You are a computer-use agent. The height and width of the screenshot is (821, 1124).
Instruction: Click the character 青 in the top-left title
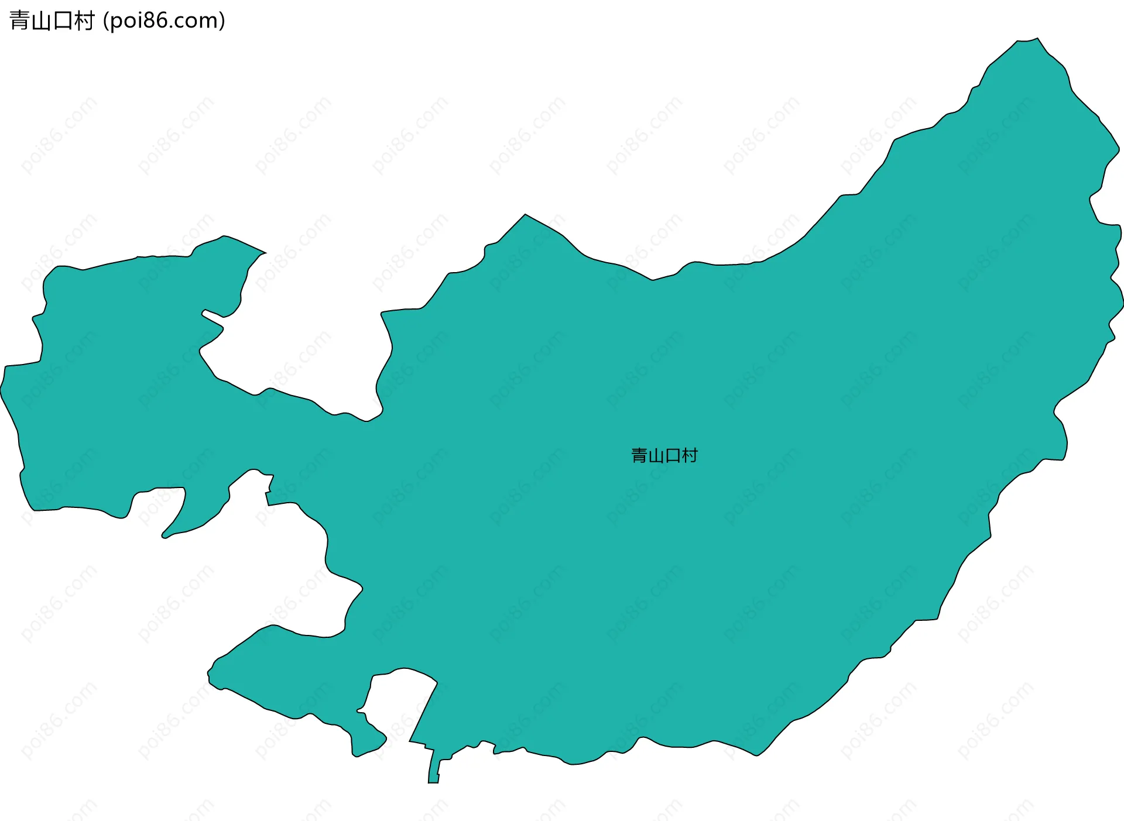tap(20, 21)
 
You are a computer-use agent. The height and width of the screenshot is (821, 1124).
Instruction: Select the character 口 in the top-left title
tap(63, 21)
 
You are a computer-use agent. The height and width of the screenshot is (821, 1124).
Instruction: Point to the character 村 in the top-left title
tap(84, 21)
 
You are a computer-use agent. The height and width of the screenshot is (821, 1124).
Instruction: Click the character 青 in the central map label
tap(639, 455)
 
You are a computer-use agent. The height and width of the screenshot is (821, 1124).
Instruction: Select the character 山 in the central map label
tap(656, 455)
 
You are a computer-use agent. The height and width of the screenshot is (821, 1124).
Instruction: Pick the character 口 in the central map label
tap(673, 455)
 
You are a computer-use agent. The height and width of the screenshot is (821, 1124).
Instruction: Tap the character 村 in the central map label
tap(690, 455)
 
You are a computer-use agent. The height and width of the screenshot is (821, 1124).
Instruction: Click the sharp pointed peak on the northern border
tap(525, 216)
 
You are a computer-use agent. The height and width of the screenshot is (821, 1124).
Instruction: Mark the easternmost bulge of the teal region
tap(1121, 304)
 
